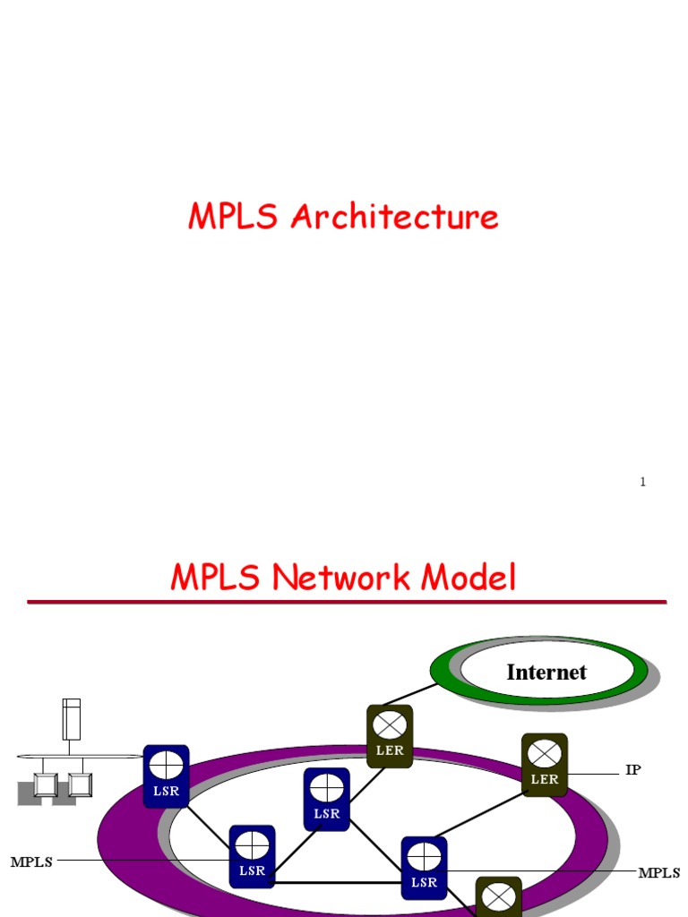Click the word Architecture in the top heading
click(394, 217)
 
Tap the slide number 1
click(642, 483)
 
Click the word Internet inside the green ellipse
click(546, 672)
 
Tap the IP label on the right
click(632, 770)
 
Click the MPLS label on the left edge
click(31, 861)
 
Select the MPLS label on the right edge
click(658, 872)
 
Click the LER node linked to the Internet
click(390, 736)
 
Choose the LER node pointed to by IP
click(544, 765)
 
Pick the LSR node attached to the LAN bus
click(167, 776)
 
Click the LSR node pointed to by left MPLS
click(252, 856)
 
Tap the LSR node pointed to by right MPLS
click(424, 867)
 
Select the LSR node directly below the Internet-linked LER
click(326, 799)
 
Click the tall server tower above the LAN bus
click(71, 719)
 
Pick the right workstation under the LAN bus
click(80, 785)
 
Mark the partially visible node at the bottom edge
click(498, 897)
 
